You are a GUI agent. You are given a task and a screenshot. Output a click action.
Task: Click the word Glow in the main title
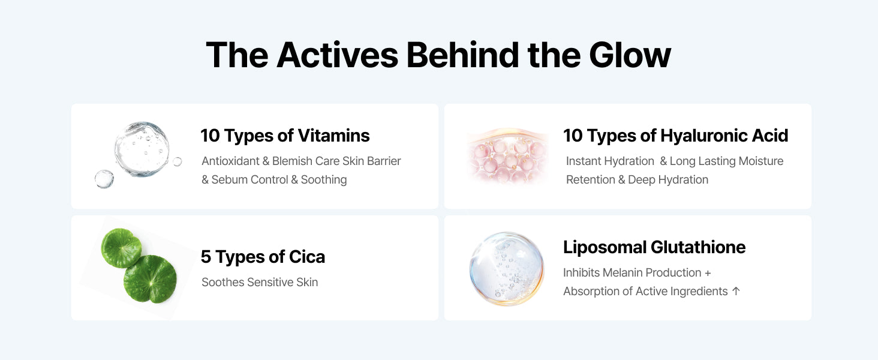[x=630, y=55]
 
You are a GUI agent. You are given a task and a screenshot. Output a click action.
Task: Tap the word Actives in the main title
[x=338, y=55]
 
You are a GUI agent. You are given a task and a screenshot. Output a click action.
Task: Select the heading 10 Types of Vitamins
[x=285, y=136]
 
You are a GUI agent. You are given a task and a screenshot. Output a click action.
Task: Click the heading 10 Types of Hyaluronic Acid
[x=676, y=136]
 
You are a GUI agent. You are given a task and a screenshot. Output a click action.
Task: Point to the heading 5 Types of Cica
[x=263, y=257]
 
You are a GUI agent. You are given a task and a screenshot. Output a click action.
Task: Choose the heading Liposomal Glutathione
[x=654, y=247]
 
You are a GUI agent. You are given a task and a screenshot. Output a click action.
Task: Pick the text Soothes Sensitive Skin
[x=260, y=283]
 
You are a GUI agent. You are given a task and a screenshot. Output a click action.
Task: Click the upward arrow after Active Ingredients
[x=736, y=291]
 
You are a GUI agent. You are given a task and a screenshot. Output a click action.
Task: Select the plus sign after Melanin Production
[x=708, y=273]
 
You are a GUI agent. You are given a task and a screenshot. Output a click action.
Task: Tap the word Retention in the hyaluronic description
[x=590, y=179]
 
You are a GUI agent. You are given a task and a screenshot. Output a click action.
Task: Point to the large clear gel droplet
[x=142, y=149]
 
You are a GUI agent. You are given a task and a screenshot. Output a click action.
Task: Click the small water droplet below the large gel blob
[x=104, y=179]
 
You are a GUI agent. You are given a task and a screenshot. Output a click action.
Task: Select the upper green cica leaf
[x=121, y=248]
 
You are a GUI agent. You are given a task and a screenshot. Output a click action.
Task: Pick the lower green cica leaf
[x=151, y=279]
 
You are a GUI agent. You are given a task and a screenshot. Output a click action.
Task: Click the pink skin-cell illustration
[x=508, y=156]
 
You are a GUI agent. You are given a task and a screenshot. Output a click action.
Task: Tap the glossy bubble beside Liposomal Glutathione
[x=507, y=269]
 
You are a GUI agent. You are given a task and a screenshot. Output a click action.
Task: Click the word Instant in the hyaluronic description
[x=584, y=161]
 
